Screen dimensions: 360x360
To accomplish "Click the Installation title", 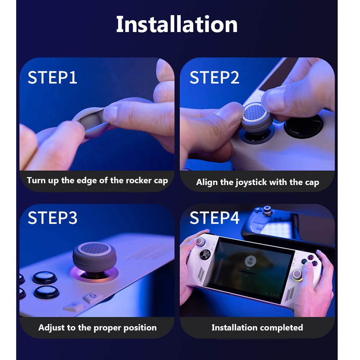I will [x=176, y=24].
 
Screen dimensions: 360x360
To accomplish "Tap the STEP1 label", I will [x=53, y=78].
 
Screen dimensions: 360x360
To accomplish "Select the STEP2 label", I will [x=214, y=78].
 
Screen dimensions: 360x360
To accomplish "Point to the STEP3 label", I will [x=53, y=218].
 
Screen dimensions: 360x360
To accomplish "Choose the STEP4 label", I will [x=214, y=218].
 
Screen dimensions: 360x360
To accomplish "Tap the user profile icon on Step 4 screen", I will [x=249, y=261].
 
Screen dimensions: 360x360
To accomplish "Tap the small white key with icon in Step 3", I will [x=91, y=297].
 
